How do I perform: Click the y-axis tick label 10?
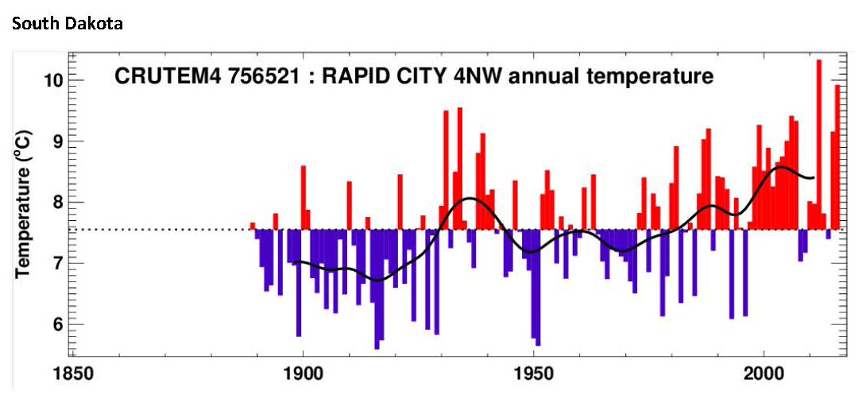pos(53,80)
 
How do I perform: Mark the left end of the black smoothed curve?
pos(293,262)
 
